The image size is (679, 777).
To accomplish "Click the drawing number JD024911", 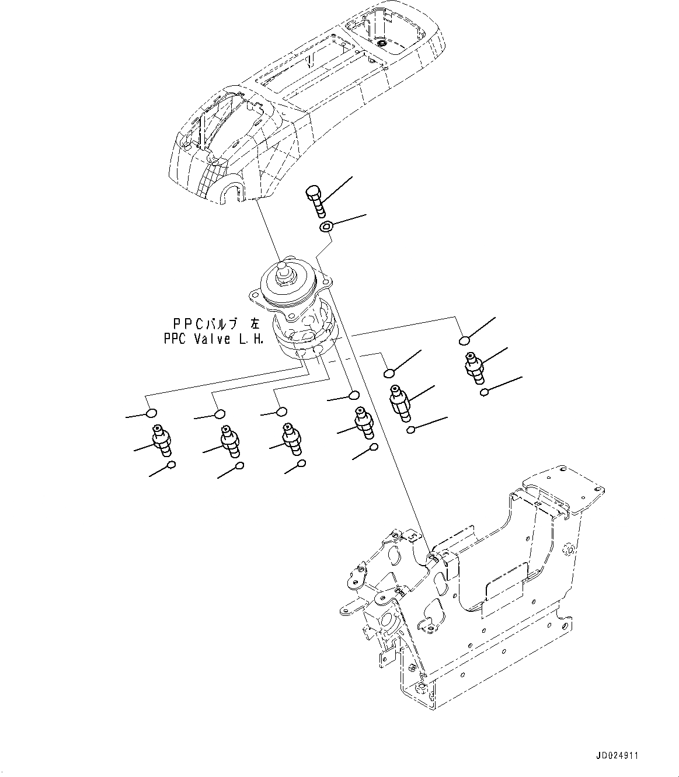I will click(618, 755).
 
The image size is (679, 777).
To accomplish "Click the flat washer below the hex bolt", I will click(326, 225).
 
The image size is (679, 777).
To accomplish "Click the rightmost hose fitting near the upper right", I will click(473, 367).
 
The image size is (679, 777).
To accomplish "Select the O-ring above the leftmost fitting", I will click(150, 413).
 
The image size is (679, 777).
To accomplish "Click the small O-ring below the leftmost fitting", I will click(171, 465).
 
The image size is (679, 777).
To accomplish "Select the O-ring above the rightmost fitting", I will click(464, 340).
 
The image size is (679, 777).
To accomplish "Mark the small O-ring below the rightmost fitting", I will click(483, 393).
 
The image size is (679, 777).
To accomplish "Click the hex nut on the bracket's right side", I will click(567, 548).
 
